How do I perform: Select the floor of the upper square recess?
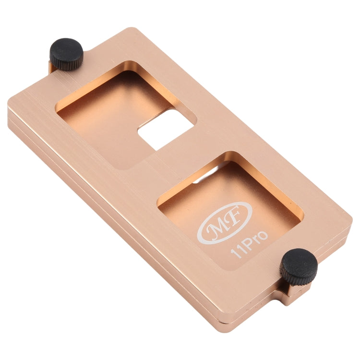click(x=110, y=120)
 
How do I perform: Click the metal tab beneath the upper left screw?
click(x=54, y=67)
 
